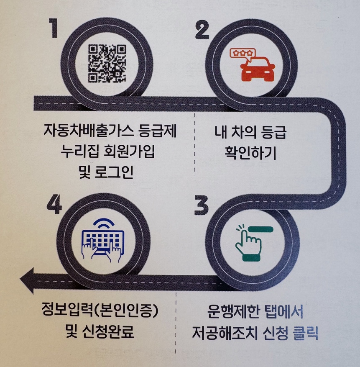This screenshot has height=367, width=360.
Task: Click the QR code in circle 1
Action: point(107,63)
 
